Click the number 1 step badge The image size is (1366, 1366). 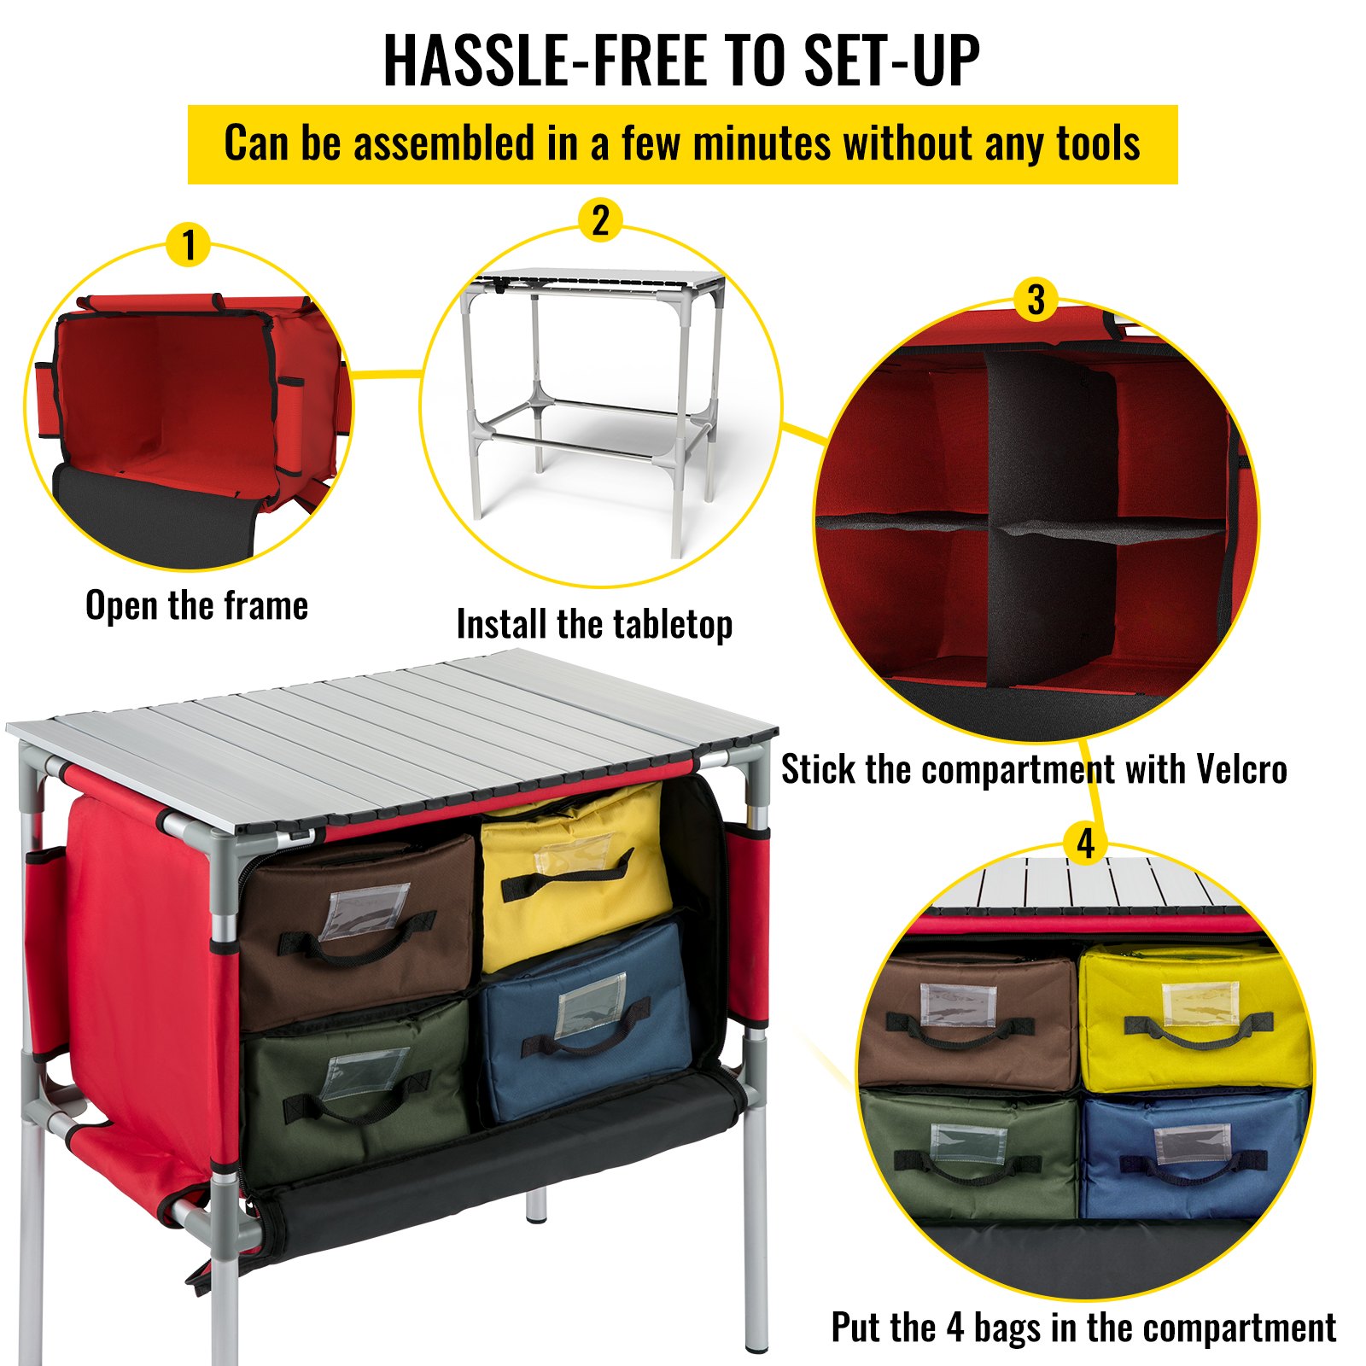click(x=189, y=244)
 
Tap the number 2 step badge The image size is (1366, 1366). click(x=600, y=220)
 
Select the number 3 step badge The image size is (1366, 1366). click(x=1036, y=300)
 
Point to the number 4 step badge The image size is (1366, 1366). click(x=1085, y=844)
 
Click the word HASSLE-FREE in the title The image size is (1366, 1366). click(x=546, y=61)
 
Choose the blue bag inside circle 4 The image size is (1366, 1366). click(x=1194, y=1154)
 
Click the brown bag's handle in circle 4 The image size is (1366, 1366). click(x=960, y=1030)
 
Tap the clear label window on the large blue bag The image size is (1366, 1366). click(x=590, y=1005)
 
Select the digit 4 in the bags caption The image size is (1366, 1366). click(x=955, y=1328)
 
